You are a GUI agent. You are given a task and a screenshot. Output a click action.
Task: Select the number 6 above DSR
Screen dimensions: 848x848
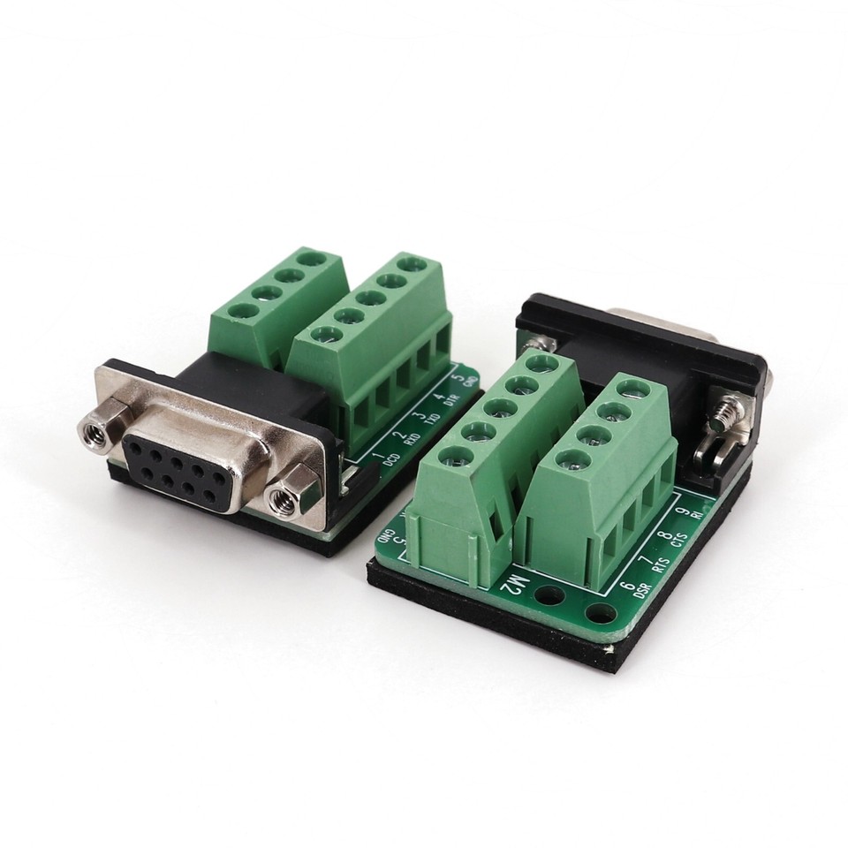[626, 585]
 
